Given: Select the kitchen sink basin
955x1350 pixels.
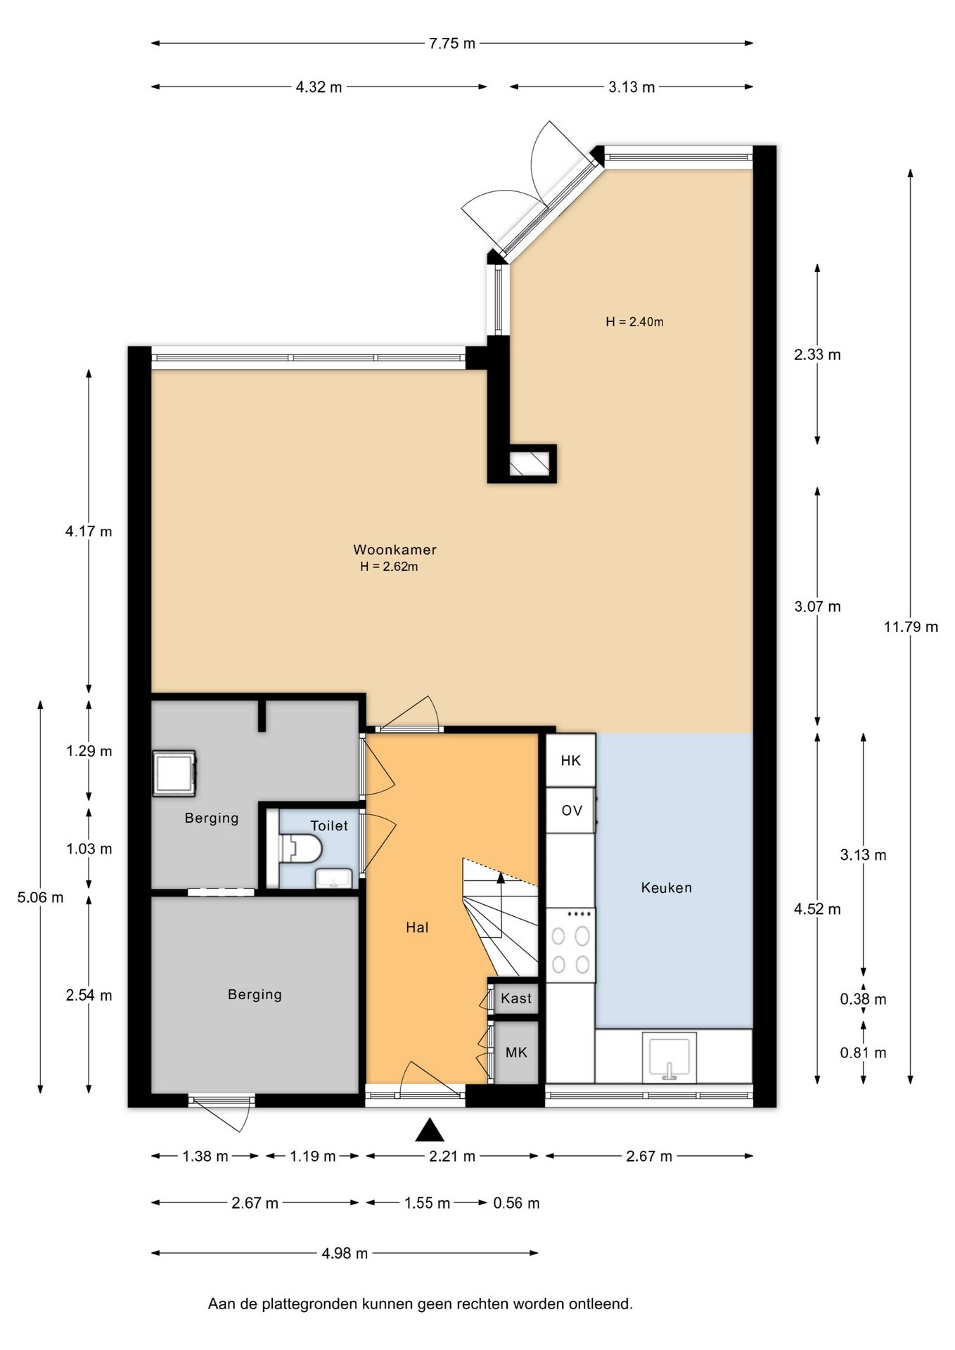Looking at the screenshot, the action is (670, 1057).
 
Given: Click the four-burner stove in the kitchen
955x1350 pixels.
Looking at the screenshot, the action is (570, 944).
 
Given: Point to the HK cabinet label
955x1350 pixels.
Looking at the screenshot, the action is (570, 760).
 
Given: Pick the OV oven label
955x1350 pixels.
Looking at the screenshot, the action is (572, 811).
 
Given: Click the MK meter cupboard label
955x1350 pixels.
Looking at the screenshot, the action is (516, 1053).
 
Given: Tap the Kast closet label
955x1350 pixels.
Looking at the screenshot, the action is (516, 998).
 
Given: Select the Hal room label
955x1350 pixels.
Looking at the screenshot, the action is (417, 927).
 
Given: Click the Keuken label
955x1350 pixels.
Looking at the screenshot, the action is (666, 888).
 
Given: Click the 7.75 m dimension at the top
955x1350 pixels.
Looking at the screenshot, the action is (452, 44).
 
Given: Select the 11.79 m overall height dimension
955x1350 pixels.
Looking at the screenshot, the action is (911, 626).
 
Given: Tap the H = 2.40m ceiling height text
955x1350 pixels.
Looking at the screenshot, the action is (634, 322).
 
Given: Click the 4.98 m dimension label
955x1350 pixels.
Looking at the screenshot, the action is (345, 1253).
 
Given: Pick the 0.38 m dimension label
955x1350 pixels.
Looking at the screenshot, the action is (863, 999).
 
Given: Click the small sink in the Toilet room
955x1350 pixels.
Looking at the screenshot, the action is (334, 879).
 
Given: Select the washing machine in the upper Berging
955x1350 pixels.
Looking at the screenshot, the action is (174, 773).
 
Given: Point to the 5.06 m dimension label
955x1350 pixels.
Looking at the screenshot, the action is (40, 897).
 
